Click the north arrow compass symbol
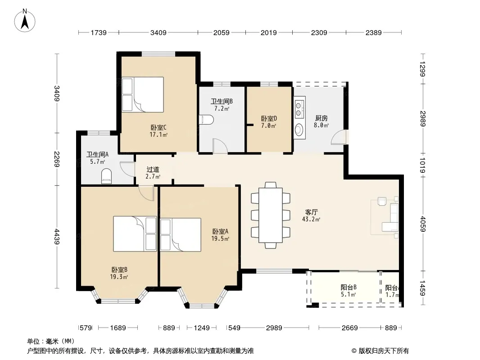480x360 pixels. tap(25, 20)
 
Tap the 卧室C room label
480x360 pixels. tap(158, 127)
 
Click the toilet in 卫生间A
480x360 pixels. tap(107, 176)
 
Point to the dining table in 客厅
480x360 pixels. tap(271, 215)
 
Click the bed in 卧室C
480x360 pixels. tap(143, 94)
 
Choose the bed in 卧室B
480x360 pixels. tap(135, 234)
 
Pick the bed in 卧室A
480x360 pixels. tap(181, 234)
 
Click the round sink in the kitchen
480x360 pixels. tap(299, 130)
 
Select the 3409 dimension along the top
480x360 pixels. tap(158, 32)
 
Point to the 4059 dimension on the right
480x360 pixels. tap(423, 224)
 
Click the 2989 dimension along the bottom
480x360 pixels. tap(274, 328)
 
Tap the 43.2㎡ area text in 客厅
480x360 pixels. tap(311, 219)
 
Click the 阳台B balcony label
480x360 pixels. tap(349, 287)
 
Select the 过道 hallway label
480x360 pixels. tap(153, 169)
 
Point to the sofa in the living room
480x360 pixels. tap(392, 217)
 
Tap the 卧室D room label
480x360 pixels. tap(269, 118)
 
